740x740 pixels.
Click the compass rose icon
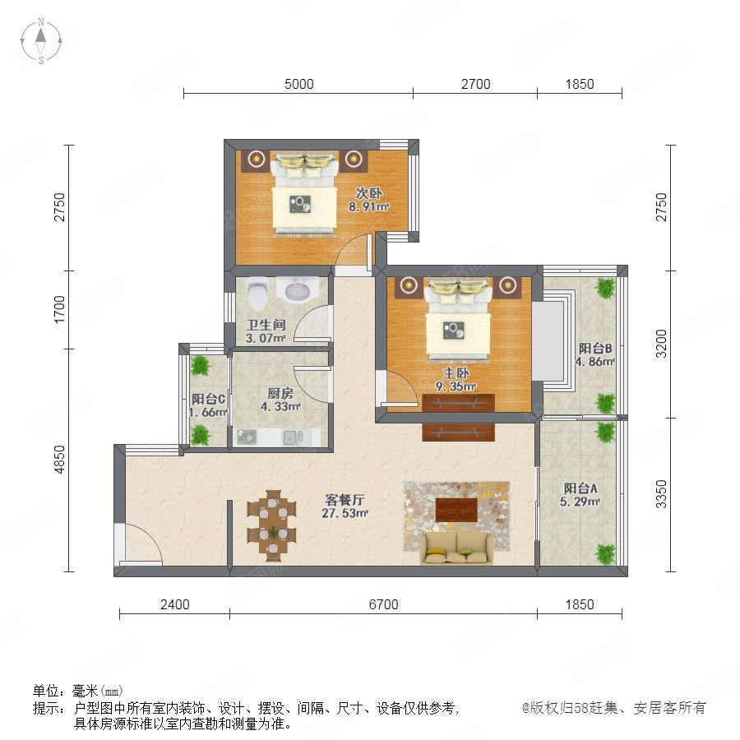pyautogui.click(x=41, y=41)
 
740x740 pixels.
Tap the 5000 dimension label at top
pyautogui.click(x=298, y=84)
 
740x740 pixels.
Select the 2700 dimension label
pyautogui.click(x=476, y=84)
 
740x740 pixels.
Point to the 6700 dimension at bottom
pyautogui.click(x=383, y=604)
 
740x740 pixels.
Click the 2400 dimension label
pyautogui.click(x=174, y=604)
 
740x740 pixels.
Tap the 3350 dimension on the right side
pyautogui.click(x=662, y=494)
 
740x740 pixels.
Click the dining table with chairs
pyautogui.click(x=272, y=525)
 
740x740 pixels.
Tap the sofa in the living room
pyautogui.click(x=456, y=548)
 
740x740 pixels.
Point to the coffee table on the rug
pyautogui.click(x=456, y=510)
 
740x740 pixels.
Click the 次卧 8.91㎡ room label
pyautogui.click(x=368, y=200)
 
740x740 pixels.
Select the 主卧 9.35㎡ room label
pyautogui.click(x=456, y=380)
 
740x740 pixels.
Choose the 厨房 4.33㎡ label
pyautogui.click(x=280, y=400)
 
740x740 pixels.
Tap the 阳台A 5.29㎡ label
pyautogui.click(x=580, y=495)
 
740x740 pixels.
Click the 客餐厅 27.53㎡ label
pyautogui.click(x=345, y=506)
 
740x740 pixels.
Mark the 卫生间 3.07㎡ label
pyautogui.click(x=266, y=331)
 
